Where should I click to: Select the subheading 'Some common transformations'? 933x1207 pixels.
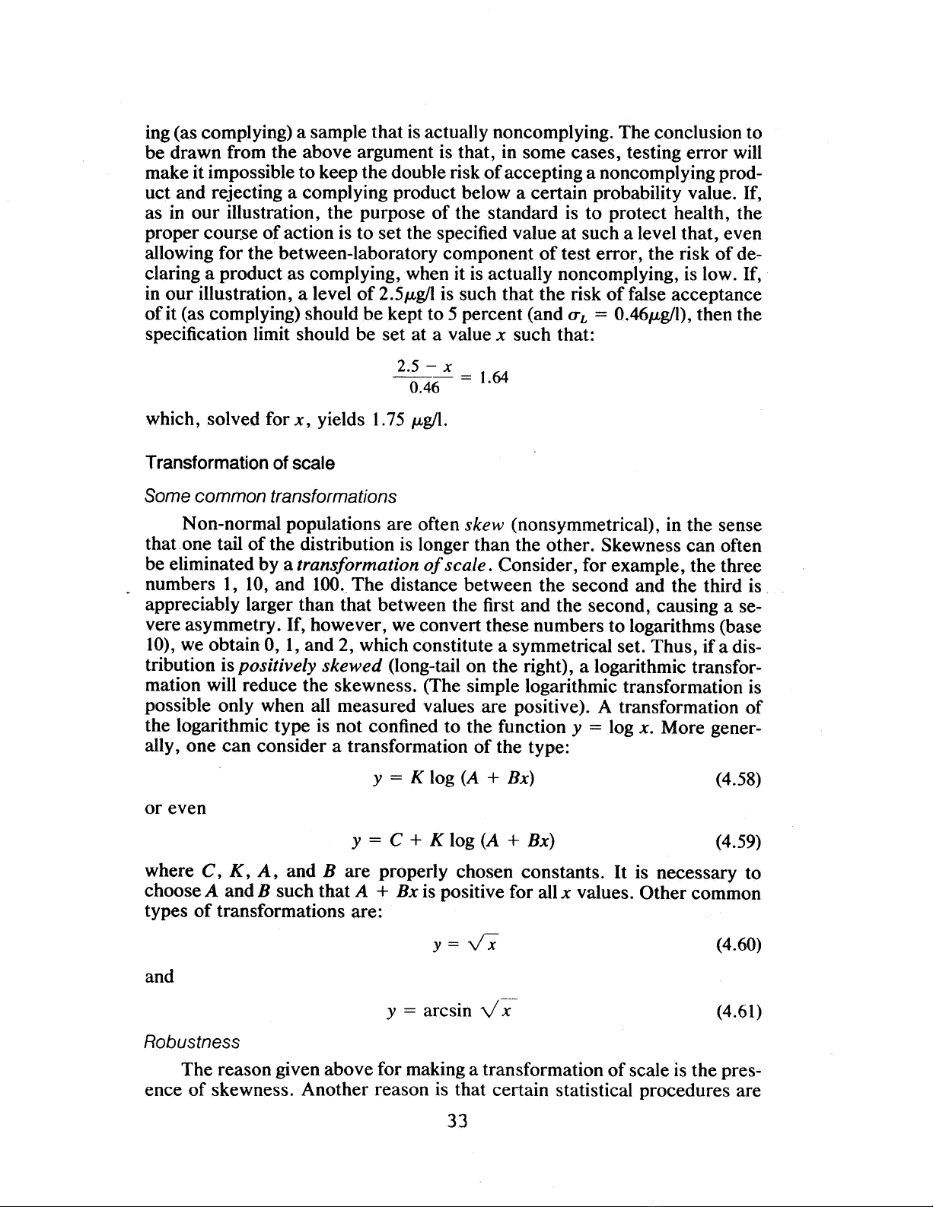pos(270,497)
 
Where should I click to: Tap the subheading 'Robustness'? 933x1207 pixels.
pos(192,1041)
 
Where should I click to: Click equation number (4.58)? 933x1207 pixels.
pos(738,779)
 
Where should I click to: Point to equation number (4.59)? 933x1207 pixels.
pos(738,841)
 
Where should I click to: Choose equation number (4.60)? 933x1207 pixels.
pos(738,945)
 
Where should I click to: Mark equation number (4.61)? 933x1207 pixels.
pos(738,1012)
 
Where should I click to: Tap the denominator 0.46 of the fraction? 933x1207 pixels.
pos(424,389)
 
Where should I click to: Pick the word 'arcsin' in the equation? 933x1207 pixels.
pos(447,1012)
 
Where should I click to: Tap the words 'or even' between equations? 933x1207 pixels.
pos(175,808)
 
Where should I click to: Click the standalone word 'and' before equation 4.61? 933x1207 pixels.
pos(159,977)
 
